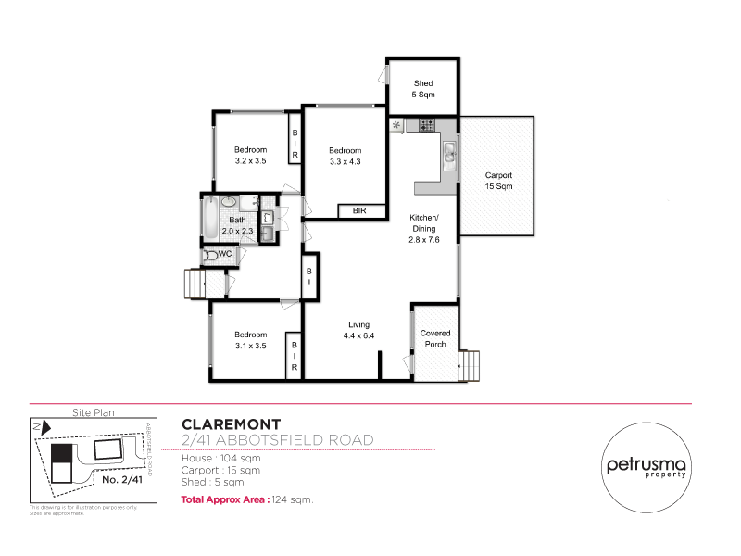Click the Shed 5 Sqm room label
(422, 89)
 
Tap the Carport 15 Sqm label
(498, 181)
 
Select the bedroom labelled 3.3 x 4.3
(345, 156)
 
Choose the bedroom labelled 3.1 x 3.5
(250, 340)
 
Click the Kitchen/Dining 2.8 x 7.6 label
(424, 228)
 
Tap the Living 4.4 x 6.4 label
(358, 330)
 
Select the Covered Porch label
(434, 338)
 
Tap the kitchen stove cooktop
(427, 124)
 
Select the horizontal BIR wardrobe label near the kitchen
(358, 211)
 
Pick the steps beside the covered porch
(471, 363)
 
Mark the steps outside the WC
(195, 283)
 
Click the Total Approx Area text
(225, 499)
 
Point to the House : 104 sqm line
(220, 458)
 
